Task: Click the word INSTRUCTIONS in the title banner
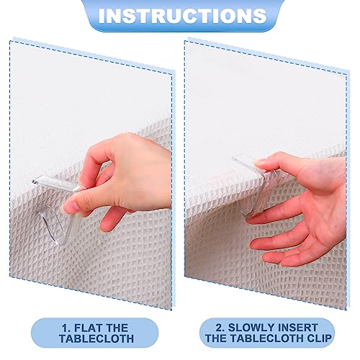tap(179, 15)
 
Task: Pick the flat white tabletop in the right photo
tap(259, 94)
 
